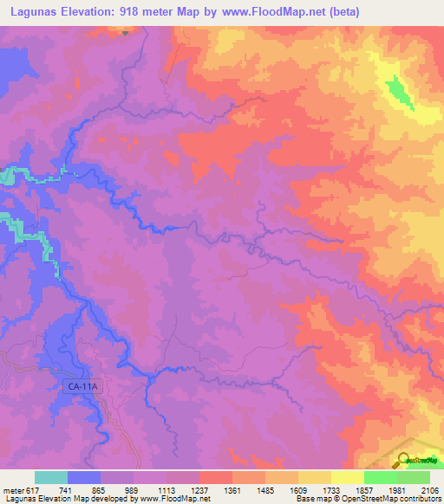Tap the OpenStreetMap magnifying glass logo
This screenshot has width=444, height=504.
click(x=404, y=459)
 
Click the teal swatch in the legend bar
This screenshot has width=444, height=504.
click(x=51, y=478)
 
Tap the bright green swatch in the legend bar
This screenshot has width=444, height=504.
click(x=380, y=478)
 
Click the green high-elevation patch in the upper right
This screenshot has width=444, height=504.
click(x=399, y=88)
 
